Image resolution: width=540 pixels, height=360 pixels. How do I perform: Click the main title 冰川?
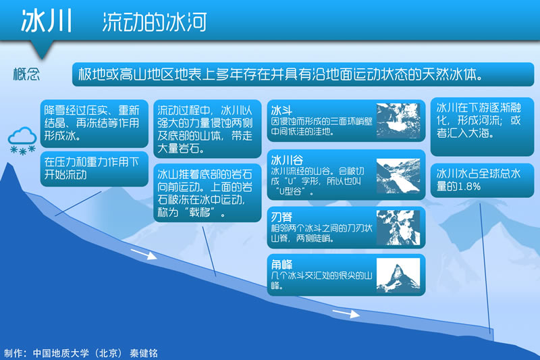(x=47, y=21)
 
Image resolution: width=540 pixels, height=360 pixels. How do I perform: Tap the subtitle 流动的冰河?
(x=155, y=22)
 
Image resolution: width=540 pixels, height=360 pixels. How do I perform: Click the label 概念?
(x=26, y=74)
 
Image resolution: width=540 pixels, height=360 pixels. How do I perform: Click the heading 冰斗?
(x=281, y=110)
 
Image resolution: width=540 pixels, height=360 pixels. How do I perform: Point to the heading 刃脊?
(x=281, y=217)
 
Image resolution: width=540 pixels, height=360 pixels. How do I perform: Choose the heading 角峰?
(x=281, y=265)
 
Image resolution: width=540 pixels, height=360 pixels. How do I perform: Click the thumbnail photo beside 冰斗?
(x=398, y=121)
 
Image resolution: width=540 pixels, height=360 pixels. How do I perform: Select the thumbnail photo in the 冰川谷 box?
(x=398, y=176)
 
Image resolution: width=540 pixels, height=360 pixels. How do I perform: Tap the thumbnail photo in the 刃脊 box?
(x=398, y=228)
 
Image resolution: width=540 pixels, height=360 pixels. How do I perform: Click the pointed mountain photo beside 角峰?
(x=398, y=276)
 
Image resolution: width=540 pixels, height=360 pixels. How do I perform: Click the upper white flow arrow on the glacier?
(x=144, y=254)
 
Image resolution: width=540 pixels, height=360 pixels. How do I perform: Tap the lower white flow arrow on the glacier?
(x=346, y=313)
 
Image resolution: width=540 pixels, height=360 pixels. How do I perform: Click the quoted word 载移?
(x=200, y=212)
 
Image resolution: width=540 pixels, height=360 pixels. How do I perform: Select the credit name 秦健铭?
(x=144, y=353)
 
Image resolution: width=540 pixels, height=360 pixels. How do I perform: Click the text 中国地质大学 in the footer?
(x=61, y=353)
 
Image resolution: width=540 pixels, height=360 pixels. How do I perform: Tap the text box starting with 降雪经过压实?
(x=94, y=124)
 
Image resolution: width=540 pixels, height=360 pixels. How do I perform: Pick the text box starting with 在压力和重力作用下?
(x=94, y=169)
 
